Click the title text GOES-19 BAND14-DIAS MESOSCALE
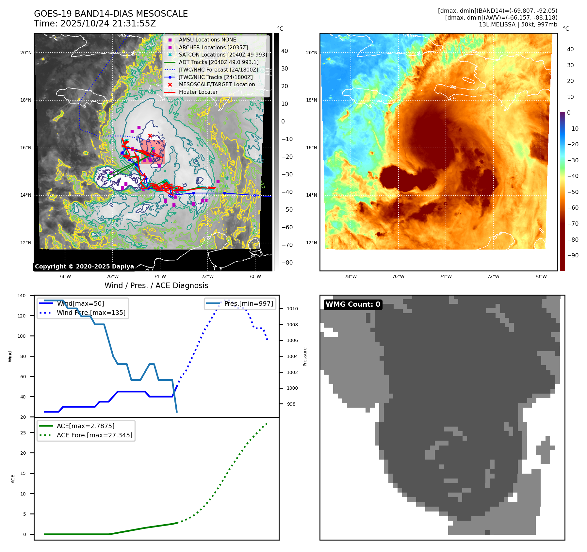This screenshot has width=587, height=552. [x=111, y=14]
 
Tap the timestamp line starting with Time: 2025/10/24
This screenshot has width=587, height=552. [x=95, y=24]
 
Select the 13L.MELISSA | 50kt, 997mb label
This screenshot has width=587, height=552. [x=518, y=24]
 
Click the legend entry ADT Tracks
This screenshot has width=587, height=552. [x=219, y=62]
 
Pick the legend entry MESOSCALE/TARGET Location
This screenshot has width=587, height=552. [x=217, y=84]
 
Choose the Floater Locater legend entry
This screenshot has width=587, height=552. [x=198, y=92]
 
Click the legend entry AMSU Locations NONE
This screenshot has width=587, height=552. [x=207, y=40]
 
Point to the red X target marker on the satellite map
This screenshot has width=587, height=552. [x=150, y=136]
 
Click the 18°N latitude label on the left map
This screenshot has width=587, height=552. [x=26, y=100]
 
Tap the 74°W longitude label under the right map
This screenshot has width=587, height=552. [x=446, y=276]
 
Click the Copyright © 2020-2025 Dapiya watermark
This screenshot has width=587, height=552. [x=84, y=267]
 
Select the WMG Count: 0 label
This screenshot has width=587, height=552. [x=353, y=304]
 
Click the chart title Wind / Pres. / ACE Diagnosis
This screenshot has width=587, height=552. [x=156, y=285]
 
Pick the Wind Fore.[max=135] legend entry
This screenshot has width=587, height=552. [x=91, y=313]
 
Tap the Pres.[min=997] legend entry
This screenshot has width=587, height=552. [x=248, y=303]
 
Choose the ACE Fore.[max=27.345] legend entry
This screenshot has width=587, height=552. [x=94, y=435]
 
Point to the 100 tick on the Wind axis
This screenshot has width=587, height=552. [x=22, y=336]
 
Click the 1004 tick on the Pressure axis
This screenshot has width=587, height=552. [x=292, y=356]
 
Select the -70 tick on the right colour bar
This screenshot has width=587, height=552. [x=573, y=224]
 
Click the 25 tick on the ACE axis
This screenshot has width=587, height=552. [x=23, y=433]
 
